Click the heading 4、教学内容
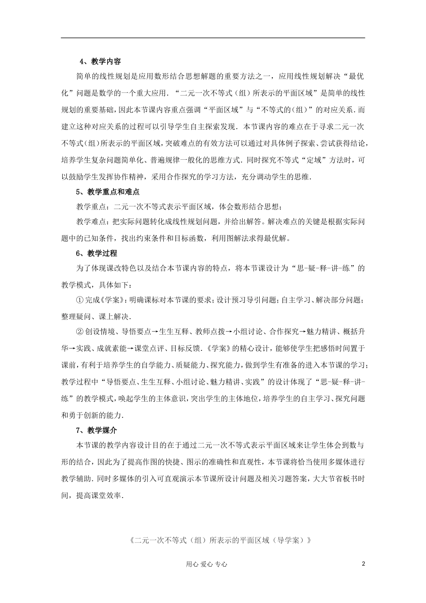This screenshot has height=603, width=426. [100, 61]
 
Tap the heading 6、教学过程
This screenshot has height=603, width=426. [96, 253]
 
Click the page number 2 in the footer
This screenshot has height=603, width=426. [363, 564]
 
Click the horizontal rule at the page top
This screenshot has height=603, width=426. [213, 38]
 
